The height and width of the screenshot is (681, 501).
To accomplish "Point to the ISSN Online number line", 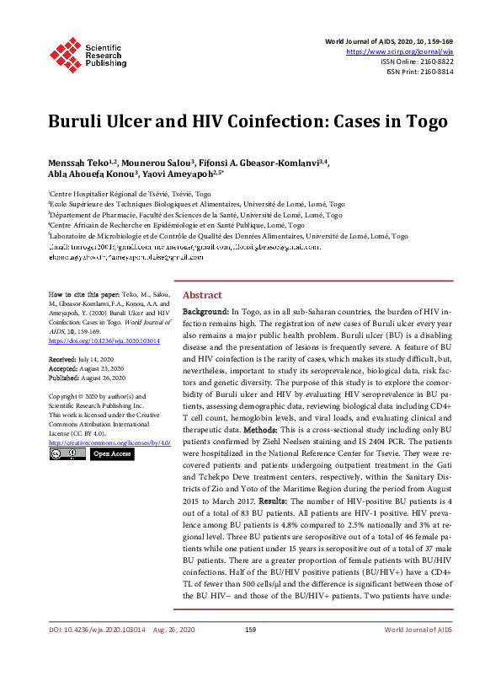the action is [417, 62].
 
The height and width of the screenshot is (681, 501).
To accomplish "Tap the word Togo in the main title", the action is [403, 120].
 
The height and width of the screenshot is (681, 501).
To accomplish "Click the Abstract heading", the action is [202, 295].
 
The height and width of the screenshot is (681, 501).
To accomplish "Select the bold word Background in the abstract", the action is [205, 312].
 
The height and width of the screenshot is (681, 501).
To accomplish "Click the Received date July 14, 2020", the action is [102, 359].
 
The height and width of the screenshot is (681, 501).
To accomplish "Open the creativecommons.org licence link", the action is [109, 442].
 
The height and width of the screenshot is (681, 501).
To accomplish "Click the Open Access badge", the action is [112, 453].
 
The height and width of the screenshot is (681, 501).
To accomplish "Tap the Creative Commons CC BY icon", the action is [66, 453].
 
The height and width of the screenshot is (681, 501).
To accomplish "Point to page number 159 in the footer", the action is [250, 653].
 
